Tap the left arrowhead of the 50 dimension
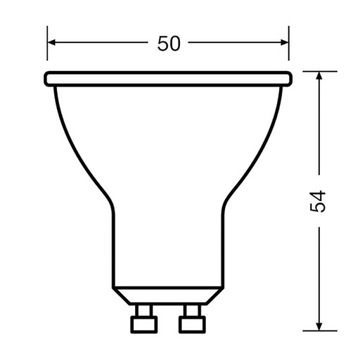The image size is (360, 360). (x=53, y=45)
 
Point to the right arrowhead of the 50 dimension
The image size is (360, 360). (x=286, y=45)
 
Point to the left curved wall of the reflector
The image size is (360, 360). (x=80, y=150)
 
